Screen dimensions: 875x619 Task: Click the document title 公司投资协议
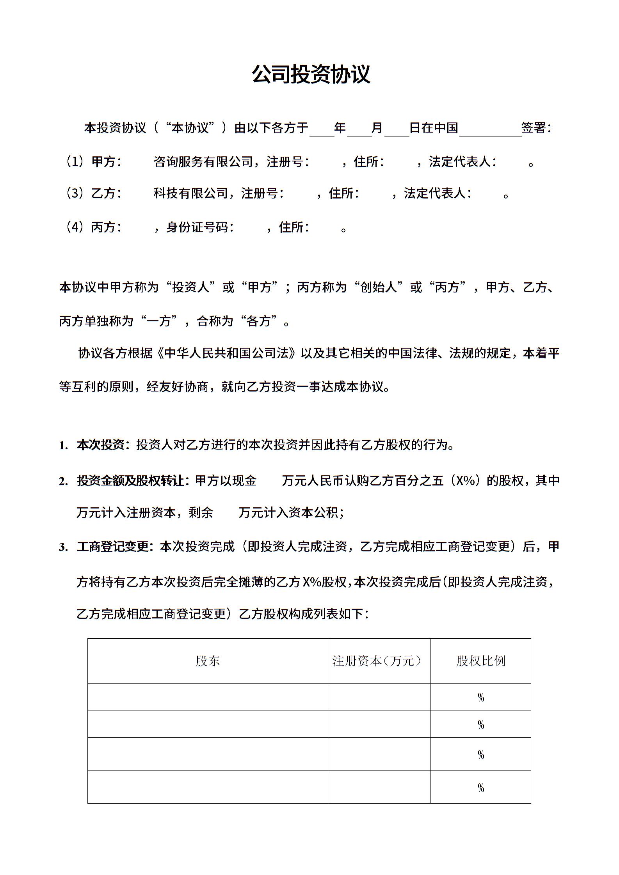(311, 74)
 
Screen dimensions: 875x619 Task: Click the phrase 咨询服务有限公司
(203, 161)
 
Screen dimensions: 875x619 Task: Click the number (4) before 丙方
(74, 227)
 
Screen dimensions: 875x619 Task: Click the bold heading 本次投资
(100, 445)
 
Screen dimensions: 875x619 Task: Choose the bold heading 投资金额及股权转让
(130, 481)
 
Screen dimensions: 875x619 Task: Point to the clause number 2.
(63, 482)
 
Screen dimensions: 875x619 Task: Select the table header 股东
(208, 661)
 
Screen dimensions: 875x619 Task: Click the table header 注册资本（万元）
(377, 661)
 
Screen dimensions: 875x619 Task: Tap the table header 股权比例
(480, 661)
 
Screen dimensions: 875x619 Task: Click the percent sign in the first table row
(481, 698)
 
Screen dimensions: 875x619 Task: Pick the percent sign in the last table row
(481, 788)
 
